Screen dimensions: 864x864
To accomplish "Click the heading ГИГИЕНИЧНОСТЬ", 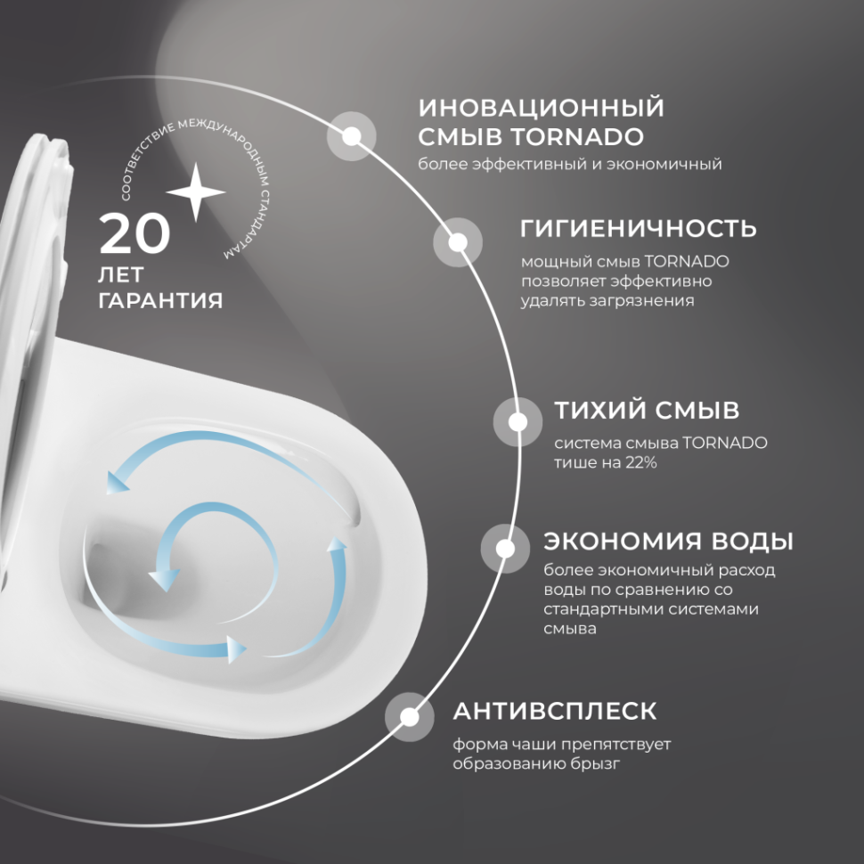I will pyautogui.click(x=638, y=228).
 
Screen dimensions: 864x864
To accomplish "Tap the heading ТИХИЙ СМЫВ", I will pyautogui.click(x=646, y=411).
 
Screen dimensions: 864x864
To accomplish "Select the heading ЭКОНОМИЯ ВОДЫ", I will pyautogui.click(x=668, y=541).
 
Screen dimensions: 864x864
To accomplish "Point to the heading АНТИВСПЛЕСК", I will pyautogui.click(x=555, y=711).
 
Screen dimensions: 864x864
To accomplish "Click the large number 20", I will pyautogui.click(x=134, y=234).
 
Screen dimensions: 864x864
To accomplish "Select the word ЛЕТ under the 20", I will pyautogui.click(x=120, y=272).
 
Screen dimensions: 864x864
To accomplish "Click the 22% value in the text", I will pyautogui.click(x=640, y=462).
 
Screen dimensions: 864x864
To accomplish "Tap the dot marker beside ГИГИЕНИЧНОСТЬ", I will pyautogui.click(x=458, y=242).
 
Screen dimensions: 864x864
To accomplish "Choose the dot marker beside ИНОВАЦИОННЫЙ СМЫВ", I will pyautogui.click(x=352, y=136).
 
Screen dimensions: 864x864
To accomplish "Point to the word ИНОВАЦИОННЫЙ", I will pyautogui.click(x=542, y=109).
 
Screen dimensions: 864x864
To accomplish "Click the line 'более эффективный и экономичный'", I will pyautogui.click(x=570, y=165).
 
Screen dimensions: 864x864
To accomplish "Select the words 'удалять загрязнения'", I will pyautogui.click(x=607, y=301).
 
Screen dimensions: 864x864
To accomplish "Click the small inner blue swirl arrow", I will pyautogui.click(x=205, y=543).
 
